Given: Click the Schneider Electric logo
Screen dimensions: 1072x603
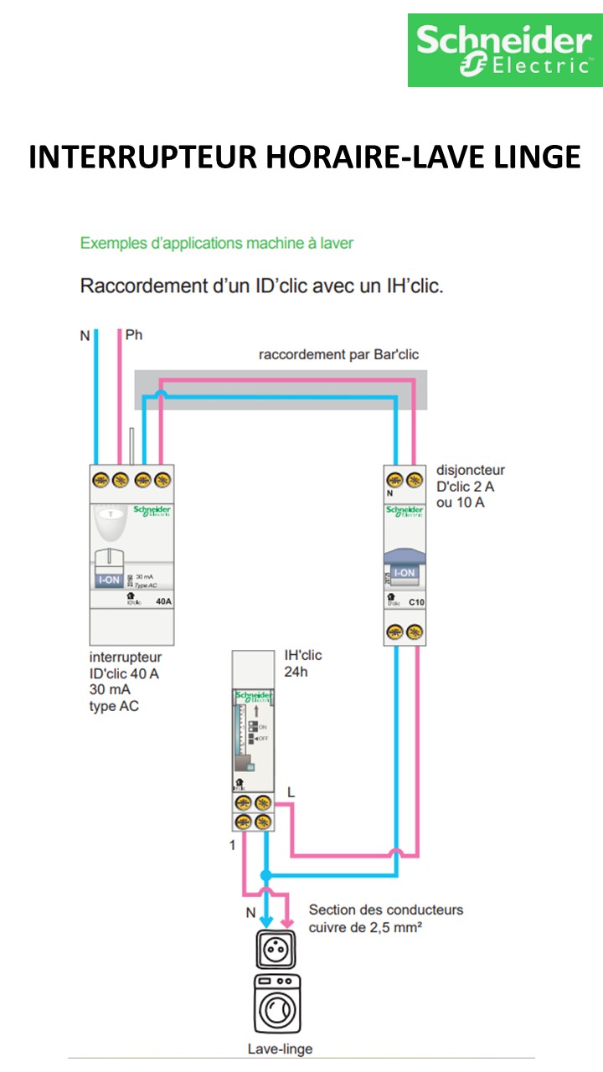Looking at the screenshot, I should click(504, 50).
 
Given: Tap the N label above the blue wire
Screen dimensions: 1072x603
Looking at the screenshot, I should click(85, 336).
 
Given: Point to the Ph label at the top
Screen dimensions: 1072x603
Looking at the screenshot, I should click(133, 336).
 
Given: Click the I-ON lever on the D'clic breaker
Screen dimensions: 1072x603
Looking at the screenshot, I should click(405, 573).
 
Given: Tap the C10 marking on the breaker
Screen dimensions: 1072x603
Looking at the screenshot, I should click(416, 601).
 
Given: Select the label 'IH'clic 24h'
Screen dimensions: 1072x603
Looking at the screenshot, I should click(302, 663).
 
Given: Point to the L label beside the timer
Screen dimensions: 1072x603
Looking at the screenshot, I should click(291, 791).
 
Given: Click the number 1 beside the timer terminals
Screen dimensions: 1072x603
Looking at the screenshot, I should click(233, 845).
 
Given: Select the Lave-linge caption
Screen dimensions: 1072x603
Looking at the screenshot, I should click(280, 1049).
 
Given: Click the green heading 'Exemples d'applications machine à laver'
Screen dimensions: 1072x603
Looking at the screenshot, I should click(217, 244).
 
